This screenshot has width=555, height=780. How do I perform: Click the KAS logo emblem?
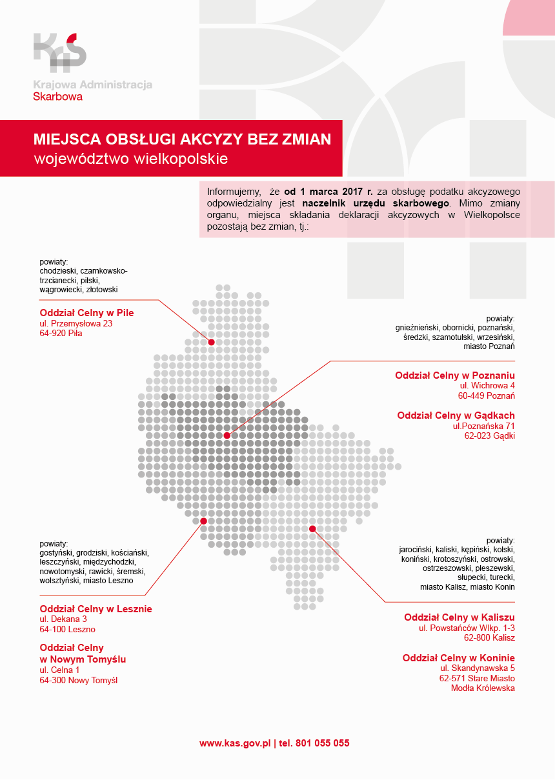pyautogui.click(x=59, y=51)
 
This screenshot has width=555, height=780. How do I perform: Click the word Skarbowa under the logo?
pyautogui.click(x=57, y=97)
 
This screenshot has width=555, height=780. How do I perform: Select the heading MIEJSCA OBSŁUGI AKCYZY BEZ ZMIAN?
pyautogui.click(x=182, y=139)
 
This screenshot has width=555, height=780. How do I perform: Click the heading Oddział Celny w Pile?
pyautogui.click(x=86, y=312)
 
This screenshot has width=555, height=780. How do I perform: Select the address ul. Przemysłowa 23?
pyautogui.click(x=76, y=323)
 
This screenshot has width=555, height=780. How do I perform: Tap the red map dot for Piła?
pyautogui.click(x=211, y=343)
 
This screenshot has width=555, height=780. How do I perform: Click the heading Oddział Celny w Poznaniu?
pyautogui.click(x=455, y=375)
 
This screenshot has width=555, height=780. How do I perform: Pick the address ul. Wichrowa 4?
pyautogui.click(x=487, y=386)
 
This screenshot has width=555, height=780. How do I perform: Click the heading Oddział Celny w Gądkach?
pyautogui.click(x=456, y=415)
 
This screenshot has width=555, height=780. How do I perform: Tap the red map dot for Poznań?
pyautogui.click(x=227, y=435)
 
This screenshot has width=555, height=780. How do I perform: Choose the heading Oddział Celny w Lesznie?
pyautogui.click(x=96, y=608)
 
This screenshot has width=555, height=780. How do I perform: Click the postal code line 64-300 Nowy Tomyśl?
pyautogui.click(x=78, y=680)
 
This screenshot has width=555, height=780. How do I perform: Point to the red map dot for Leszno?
pyautogui.click(x=203, y=521)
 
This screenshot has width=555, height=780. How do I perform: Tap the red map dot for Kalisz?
pyautogui.click(x=312, y=529)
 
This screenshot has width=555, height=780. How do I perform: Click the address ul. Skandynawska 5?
pyautogui.click(x=478, y=668)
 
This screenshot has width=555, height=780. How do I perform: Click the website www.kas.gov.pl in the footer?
pyautogui.click(x=235, y=743)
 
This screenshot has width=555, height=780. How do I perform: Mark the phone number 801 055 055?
pyautogui.click(x=322, y=743)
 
